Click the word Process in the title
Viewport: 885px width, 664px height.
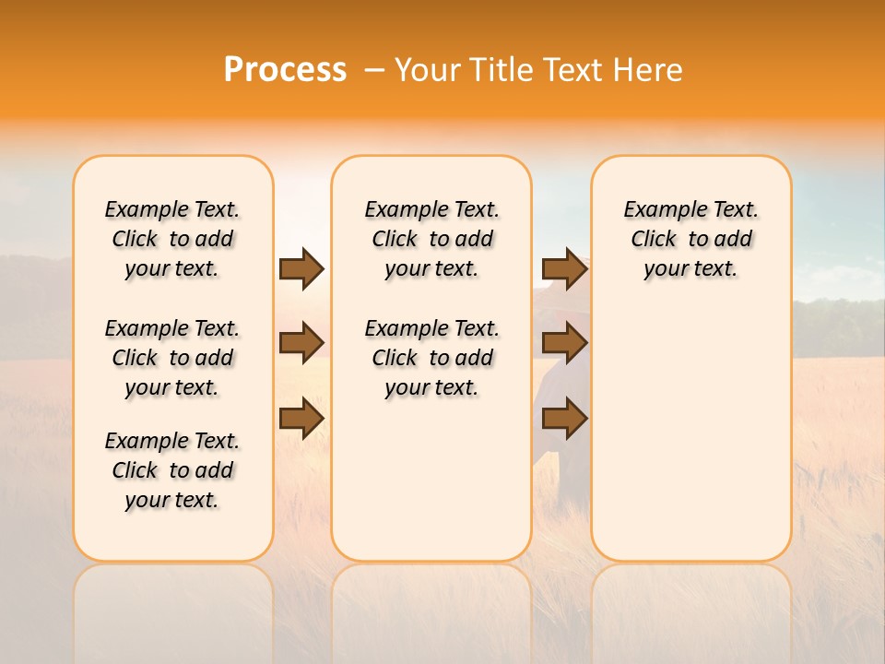285,70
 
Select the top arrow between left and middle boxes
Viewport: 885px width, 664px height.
301,268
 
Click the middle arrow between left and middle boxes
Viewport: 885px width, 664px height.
301,343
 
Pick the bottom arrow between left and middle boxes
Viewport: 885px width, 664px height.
301,418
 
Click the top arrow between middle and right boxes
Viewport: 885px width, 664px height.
564,268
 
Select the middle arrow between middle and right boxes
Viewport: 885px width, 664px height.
564,343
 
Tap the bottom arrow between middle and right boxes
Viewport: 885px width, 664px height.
564,418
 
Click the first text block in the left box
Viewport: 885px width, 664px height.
172,239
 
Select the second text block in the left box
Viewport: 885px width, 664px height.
172,358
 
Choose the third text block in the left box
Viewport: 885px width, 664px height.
172,470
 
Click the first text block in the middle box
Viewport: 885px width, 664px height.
431,239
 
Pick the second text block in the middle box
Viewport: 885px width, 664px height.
431,358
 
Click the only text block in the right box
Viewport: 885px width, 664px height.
690,239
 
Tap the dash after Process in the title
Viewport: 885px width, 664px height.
374,70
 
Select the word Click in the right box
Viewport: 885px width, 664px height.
654,240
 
